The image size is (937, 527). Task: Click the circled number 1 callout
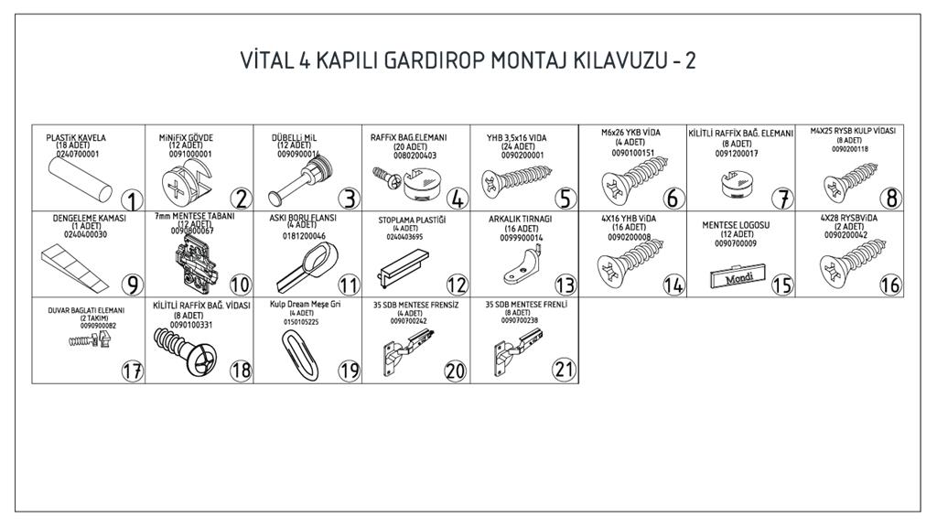pos(132,200)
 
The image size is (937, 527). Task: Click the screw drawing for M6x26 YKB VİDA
pos(630,186)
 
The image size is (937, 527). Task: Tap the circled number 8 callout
pos(890,197)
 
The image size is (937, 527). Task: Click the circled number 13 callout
pos(565,285)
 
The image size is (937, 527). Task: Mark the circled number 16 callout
pos(890,285)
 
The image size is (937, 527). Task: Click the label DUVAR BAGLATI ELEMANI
pos(86,310)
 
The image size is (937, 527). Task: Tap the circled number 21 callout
pos(564,371)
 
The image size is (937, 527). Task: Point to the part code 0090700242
pos(408,321)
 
